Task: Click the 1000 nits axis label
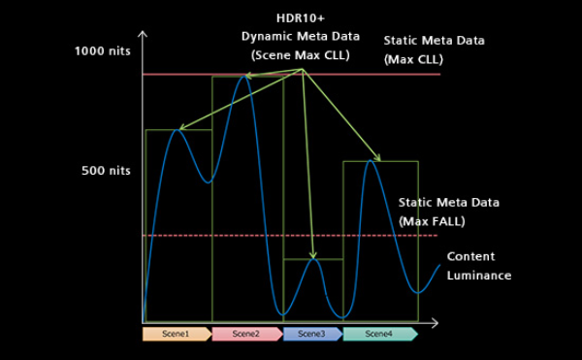tap(103, 50)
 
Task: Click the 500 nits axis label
tap(106, 171)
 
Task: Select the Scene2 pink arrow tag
tap(247, 334)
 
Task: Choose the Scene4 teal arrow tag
tap(380, 334)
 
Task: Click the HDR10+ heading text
tap(301, 18)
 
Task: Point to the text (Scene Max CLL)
tap(301, 55)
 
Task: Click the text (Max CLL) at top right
tap(413, 59)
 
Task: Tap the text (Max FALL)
tap(432, 221)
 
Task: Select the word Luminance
tap(479, 276)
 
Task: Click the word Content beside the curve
tap(470, 256)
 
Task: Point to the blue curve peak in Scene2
tap(243, 77)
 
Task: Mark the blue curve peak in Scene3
tap(313, 259)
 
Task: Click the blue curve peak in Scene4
tap(371, 161)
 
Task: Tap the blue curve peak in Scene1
tap(178, 130)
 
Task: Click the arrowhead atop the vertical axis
tap(143, 34)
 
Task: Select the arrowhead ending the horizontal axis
tap(435, 323)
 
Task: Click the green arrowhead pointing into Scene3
tap(313, 255)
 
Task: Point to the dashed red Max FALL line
tap(290, 235)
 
